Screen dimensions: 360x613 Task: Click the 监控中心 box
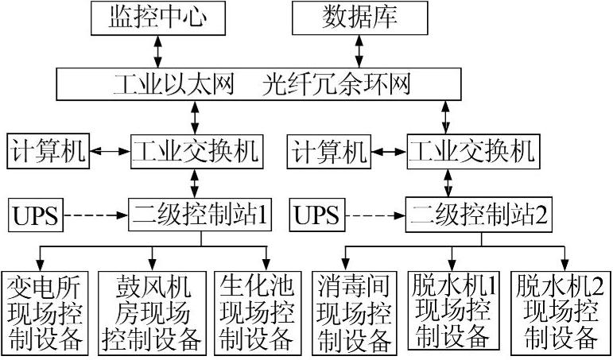(x=156, y=17)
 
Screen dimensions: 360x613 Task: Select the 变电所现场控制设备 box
(x=45, y=313)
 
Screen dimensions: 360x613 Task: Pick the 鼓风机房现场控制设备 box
(x=151, y=313)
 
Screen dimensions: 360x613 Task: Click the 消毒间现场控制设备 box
(x=355, y=313)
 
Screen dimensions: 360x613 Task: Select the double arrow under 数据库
(x=359, y=51)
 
